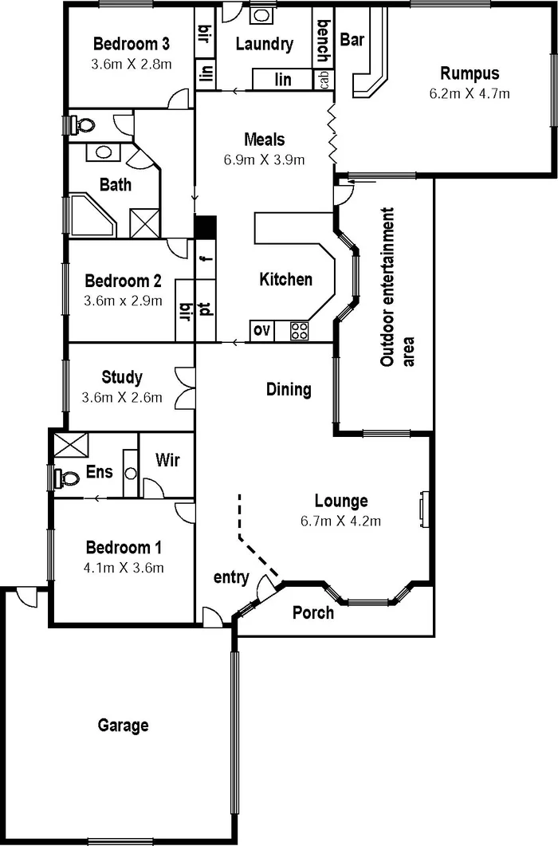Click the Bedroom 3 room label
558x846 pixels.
[132, 43]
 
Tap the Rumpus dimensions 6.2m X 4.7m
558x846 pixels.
[469, 92]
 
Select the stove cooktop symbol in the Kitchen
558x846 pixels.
[300, 331]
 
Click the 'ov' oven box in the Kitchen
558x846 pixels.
[261, 331]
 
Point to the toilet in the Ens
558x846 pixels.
[67, 478]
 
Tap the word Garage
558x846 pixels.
[124, 726]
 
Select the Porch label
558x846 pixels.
[313, 612]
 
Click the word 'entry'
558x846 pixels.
[231, 577]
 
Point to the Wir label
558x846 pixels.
[167, 459]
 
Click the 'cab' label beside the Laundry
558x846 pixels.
[324, 80]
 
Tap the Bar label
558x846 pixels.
[352, 38]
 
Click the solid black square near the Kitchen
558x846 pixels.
[206, 227]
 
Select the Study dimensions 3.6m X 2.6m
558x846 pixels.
[123, 397]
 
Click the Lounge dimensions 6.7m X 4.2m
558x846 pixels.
[341, 521]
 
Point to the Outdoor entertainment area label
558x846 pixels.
[388, 287]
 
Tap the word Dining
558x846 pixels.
[289, 389]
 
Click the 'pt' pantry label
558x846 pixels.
[205, 309]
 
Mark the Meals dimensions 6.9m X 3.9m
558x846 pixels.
[265, 159]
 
